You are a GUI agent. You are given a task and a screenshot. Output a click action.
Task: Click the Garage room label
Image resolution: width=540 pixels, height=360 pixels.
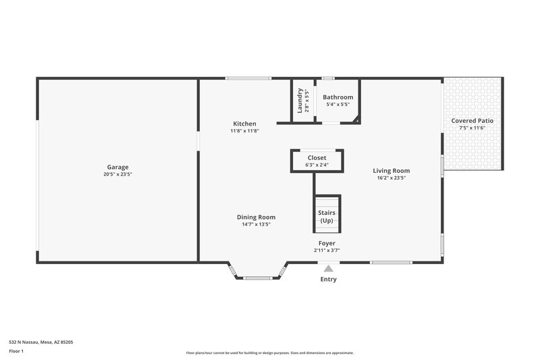(117, 167)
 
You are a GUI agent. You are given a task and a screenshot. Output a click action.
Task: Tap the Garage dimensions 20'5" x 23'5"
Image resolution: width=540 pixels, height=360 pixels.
(117, 174)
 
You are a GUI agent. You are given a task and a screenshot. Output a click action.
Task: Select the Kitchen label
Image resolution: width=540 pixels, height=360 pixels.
(244, 124)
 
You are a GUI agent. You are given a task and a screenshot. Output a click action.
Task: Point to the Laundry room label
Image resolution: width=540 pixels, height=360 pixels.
(300, 101)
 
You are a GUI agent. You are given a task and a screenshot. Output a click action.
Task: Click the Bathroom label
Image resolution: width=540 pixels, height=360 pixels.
(337, 97)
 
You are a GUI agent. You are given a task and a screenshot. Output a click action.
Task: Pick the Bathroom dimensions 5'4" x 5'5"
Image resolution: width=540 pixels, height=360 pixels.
(337, 105)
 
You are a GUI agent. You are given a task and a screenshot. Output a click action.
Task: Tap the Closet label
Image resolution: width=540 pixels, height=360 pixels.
(317, 157)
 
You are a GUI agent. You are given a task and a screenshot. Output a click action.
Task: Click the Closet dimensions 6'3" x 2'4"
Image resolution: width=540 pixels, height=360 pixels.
(317, 165)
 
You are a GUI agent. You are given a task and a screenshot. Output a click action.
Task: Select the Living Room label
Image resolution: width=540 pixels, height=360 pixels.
(391, 171)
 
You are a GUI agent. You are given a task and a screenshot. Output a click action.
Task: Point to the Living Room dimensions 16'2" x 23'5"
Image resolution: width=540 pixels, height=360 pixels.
(391, 178)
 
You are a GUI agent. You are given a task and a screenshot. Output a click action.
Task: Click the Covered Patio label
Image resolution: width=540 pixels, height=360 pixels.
(472, 120)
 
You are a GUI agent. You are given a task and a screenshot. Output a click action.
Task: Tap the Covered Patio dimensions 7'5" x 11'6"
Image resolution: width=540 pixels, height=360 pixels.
(472, 128)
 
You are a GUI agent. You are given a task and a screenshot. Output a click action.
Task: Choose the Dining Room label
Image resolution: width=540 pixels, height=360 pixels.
(256, 217)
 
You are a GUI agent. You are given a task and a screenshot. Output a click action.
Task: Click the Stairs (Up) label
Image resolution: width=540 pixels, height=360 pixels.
(327, 217)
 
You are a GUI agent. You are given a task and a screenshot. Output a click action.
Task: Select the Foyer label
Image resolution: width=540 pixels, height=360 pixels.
(327, 242)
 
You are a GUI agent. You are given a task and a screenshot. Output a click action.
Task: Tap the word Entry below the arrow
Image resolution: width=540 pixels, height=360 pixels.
(329, 279)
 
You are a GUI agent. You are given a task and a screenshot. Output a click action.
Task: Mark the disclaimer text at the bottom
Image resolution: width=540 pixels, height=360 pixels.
(269, 353)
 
